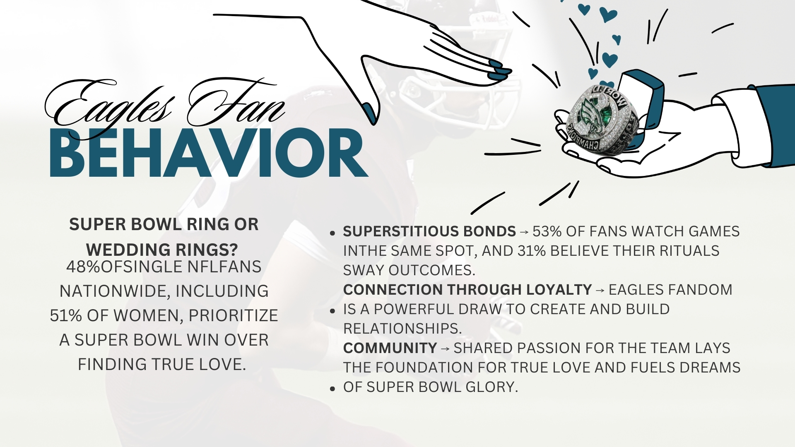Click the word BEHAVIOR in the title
point(209,153)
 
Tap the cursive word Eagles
point(109,103)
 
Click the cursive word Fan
point(236,101)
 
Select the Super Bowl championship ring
point(598,118)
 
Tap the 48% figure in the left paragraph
point(83,267)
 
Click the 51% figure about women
point(66,316)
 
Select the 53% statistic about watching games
point(547,231)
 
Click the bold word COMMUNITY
point(390,348)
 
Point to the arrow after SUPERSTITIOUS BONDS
point(524,232)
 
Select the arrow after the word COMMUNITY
point(446,349)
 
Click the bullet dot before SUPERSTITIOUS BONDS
point(332,233)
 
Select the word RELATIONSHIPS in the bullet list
point(402,329)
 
